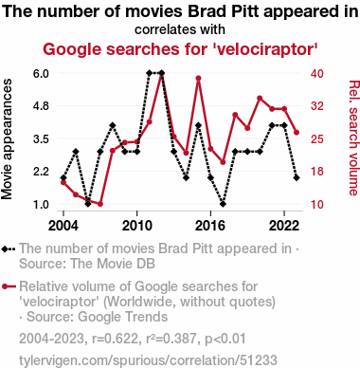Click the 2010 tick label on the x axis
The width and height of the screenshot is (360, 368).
136,226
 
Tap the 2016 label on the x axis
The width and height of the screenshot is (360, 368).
210,226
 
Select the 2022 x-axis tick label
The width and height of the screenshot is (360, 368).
284,226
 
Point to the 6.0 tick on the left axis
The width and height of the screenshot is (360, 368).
41,73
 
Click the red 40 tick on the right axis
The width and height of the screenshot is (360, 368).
317,73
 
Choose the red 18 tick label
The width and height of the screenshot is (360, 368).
317,172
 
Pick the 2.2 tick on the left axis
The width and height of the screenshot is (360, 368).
41,172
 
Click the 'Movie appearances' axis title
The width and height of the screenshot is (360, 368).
7,139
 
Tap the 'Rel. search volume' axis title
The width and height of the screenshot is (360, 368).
353,138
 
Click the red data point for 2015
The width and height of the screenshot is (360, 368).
198,78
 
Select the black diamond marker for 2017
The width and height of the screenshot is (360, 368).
223,204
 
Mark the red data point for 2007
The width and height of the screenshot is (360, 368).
100,204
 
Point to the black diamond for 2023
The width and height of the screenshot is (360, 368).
297,178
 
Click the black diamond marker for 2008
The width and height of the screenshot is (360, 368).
113,125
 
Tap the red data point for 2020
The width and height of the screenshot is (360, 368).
260,99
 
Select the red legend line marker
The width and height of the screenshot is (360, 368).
9,286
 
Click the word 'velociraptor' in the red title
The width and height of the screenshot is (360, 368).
265,49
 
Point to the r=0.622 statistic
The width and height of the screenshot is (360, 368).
115,339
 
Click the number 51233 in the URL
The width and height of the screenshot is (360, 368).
258,360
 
